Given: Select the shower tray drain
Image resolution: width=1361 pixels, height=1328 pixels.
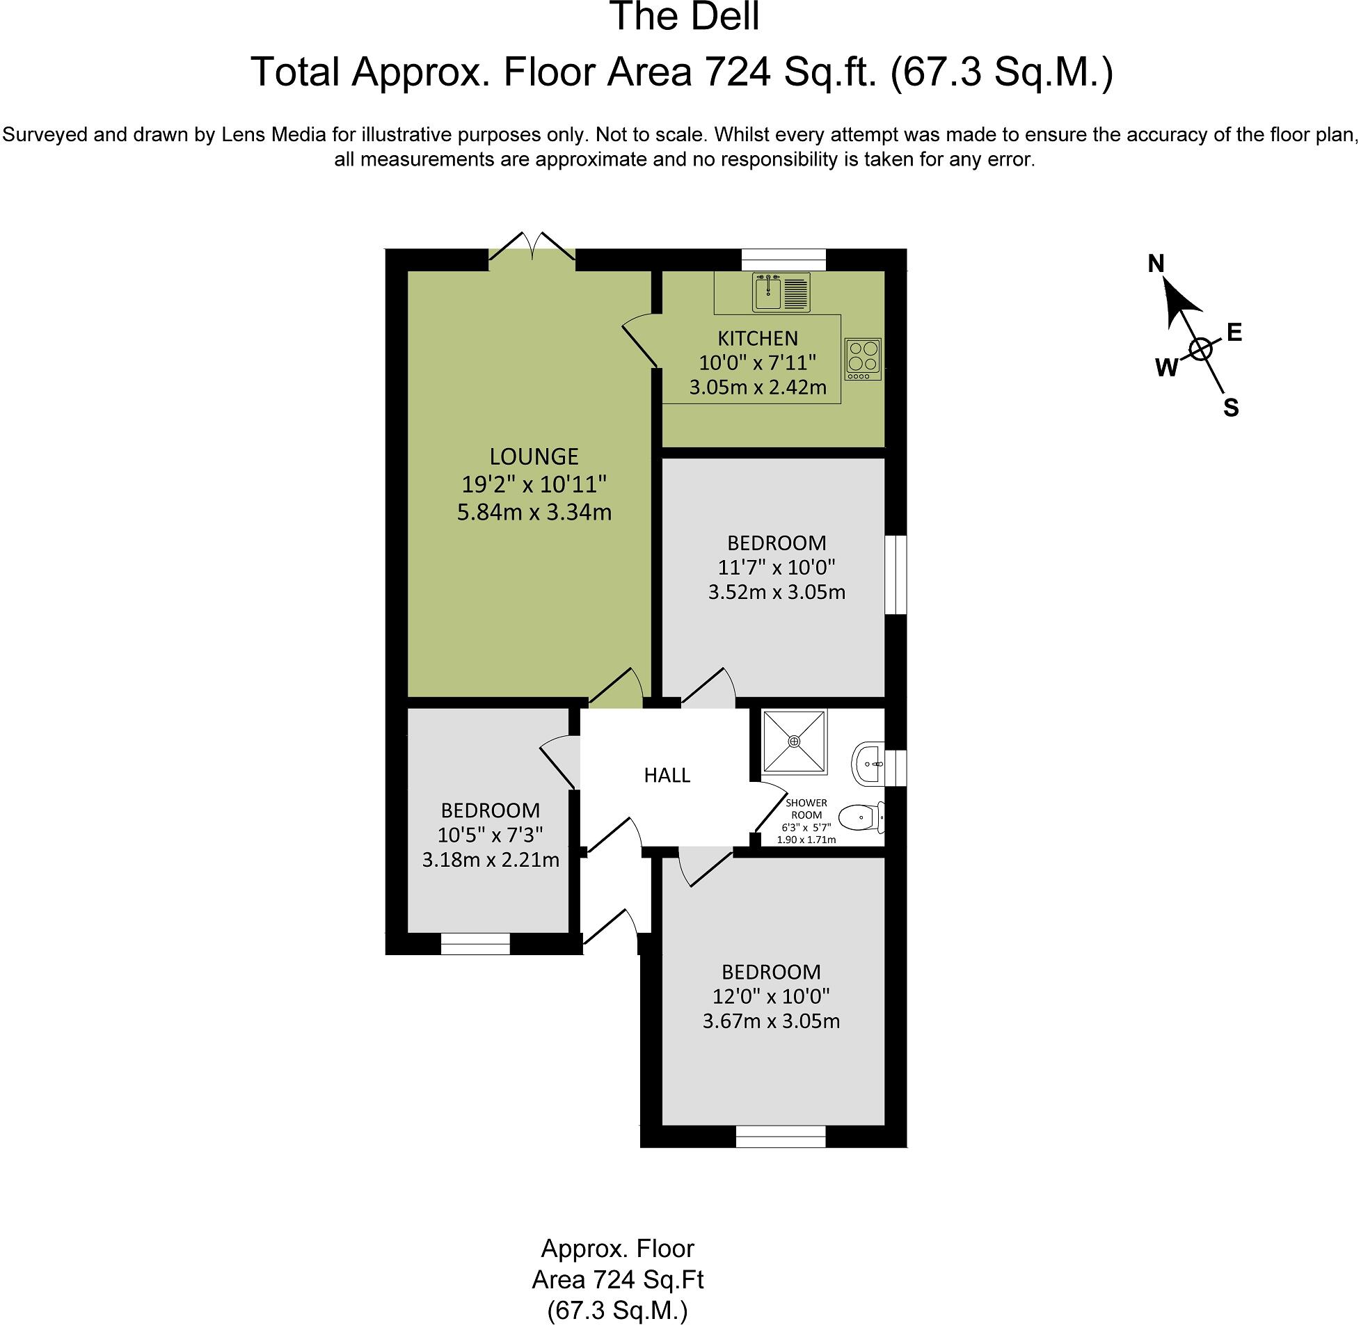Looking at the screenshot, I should [795, 742].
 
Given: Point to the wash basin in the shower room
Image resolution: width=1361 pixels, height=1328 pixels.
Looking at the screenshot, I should [868, 764].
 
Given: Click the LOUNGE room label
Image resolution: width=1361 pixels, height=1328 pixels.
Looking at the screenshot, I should [534, 456].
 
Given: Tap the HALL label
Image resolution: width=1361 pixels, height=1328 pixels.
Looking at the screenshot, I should [667, 775].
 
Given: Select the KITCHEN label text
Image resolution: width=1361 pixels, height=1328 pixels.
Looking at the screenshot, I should [758, 338].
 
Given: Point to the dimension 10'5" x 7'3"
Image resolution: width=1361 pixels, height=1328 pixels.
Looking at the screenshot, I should [491, 834].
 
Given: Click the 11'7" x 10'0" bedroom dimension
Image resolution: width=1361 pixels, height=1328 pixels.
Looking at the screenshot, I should [777, 566].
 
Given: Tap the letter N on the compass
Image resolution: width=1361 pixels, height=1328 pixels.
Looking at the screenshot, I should [1156, 264].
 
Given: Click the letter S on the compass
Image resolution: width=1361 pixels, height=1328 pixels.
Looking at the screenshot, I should [1231, 408].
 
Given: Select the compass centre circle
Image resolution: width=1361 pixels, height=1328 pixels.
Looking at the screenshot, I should [1200, 349].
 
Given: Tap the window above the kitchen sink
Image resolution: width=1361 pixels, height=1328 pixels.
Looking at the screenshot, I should [783, 260].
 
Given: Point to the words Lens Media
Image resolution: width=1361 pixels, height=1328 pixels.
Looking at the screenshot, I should [274, 134].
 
